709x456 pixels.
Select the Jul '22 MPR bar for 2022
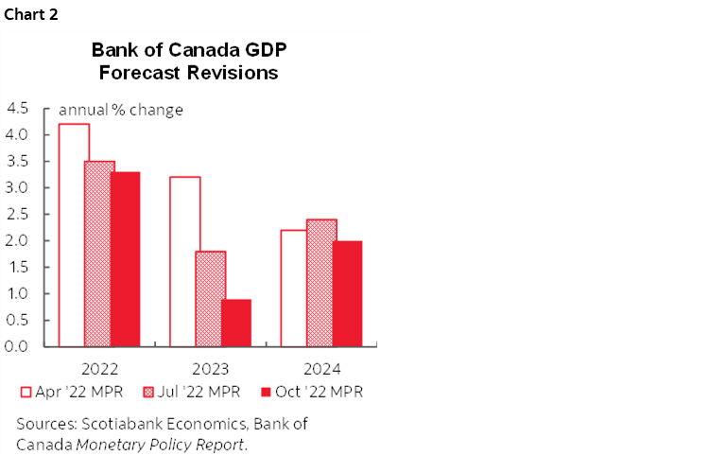click(99, 254)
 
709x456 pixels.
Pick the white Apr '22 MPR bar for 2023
click(184, 261)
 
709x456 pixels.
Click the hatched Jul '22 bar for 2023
click(211, 298)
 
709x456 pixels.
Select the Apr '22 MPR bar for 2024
click(295, 288)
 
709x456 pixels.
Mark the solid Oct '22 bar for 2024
click(347, 293)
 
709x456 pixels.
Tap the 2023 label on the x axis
click(210, 369)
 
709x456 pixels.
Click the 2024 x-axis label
click(321, 369)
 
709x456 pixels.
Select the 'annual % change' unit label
click(121, 110)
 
